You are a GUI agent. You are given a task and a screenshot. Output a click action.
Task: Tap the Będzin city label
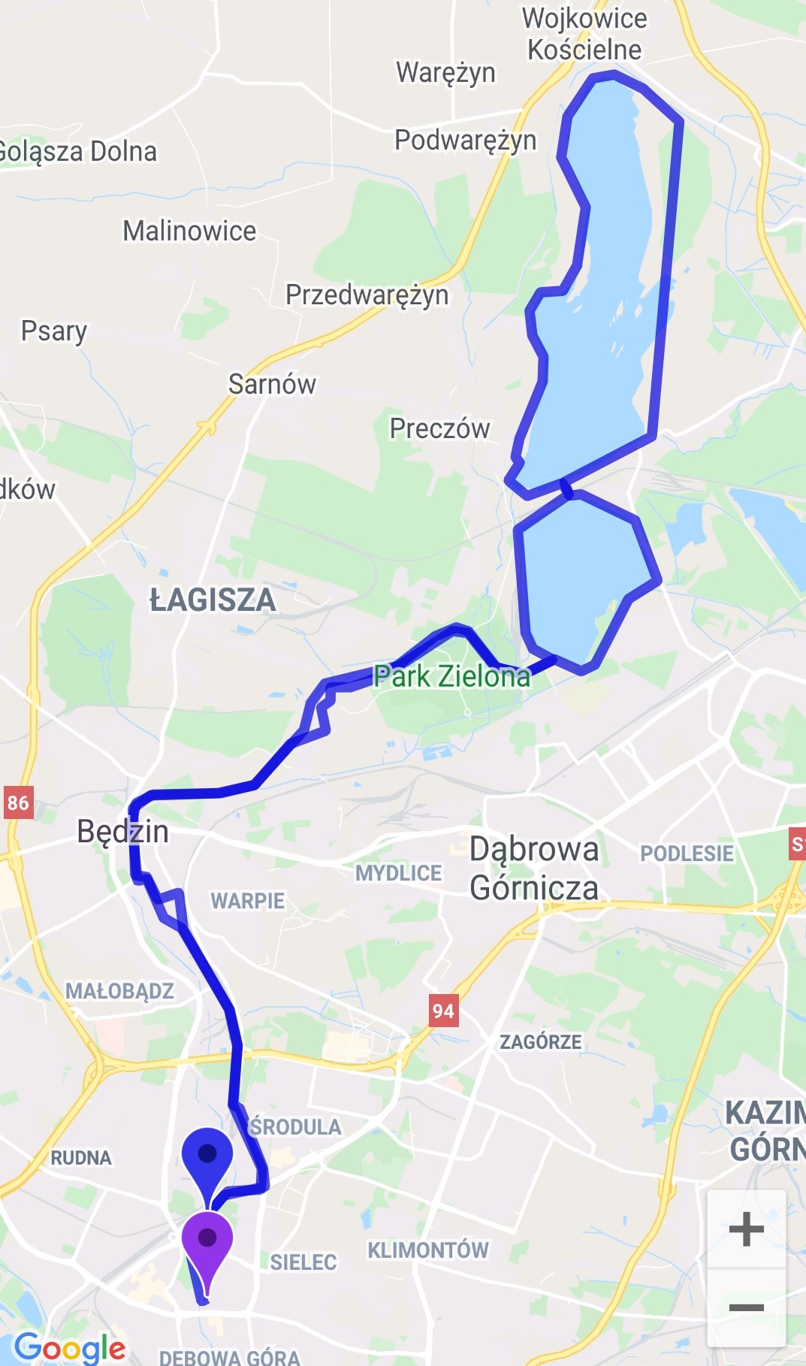pyautogui.click(x=122, y=832)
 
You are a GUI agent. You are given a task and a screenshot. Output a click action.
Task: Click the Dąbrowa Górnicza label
pyautogui.click(x=534, y=869)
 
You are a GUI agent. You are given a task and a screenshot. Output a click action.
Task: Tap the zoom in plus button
pyautogui.click(x=746, y=1230)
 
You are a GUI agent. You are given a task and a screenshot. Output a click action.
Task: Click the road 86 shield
pyautogui.click(x=18, y=802)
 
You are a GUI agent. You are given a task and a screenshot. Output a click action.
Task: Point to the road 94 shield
pyautogui.click(x=443, y=1011)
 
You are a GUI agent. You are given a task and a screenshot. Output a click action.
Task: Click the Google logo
pyautogui.click(x=70, y=1346)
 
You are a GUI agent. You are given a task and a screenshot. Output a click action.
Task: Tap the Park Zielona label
pyautogui.click(x=451, y=676)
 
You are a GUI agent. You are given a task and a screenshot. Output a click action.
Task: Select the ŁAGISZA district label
pyautogui.click(x=213, y=600)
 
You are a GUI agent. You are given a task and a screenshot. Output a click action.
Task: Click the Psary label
pyautogui.click(x=53, y=331)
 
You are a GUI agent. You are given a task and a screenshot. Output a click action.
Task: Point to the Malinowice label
pyautogui.click(x=189, y=231)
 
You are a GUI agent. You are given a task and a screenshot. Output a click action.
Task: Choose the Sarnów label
pyautogui.click(x=272, y=384)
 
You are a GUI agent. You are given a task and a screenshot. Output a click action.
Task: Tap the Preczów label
pyautogui.click(x=439, y=428)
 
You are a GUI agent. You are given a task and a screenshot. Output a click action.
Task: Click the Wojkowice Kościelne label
pyautogui.click(x=584, y=34)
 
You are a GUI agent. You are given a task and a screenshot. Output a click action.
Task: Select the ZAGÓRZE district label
pyautogui.click(x=540, y=1041)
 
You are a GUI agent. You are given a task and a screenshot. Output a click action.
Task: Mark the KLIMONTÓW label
pyautogui.click(x=427, y=1250)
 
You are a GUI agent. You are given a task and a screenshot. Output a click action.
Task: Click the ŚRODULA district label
pyautogui.click(x=295, y=1126)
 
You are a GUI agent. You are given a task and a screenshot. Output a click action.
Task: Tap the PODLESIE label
pyautogui.click(x=687, y=854)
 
